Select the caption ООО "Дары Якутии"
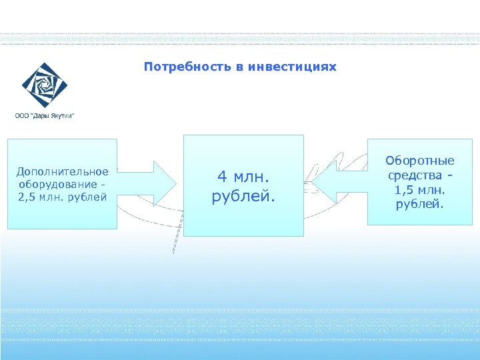click(45, 115)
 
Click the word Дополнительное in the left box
click(63, 171)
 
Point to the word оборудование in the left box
click(58, 184)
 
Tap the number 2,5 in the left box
click(28, 197)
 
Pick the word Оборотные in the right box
click(420, 161)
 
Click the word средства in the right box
click(415, 175)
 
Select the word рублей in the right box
click(420, 204)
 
